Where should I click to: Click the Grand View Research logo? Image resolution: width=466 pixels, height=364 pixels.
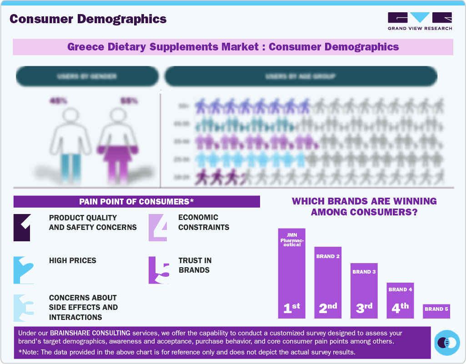pyautogui.click(x=420, y=21)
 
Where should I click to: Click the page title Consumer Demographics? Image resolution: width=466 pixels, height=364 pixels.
pyautogui.click(x=88, y=19)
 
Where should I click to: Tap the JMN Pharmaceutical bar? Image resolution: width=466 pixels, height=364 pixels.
pyautogui.click(x=291, y=273)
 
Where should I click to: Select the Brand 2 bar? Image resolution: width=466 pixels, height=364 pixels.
pyautogui.click(x=328, y=282)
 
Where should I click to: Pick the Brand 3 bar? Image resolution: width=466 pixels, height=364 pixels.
pyautogui.click(x=364, y=290)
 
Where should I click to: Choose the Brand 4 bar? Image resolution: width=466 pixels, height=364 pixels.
pyautogui.click(x=400, y=300)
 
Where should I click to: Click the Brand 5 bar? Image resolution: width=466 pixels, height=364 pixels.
pyautogui.click(x=436, y=311)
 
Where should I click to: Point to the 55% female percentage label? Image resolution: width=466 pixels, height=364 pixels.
pyautogui.click(x=129, y=101)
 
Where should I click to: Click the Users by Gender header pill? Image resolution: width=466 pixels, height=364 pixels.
pyautogui.click(x=87, y=76)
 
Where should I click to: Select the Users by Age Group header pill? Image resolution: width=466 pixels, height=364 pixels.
pyautogui.click(x=301, y=76)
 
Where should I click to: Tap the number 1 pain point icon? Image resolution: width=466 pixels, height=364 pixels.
pyautogui.click(x=22, y=227)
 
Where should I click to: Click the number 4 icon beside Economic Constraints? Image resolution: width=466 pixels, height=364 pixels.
pyautogui.click(x=158, y=227)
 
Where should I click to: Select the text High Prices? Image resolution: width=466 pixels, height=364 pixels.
pyautogui.click(x=73, y=260)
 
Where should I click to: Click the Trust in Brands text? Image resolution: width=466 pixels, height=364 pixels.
pyautogui.click(x=195, y=265)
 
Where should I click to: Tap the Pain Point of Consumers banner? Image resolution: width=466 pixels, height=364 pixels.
pyautogui.click(x=136, y=201)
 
